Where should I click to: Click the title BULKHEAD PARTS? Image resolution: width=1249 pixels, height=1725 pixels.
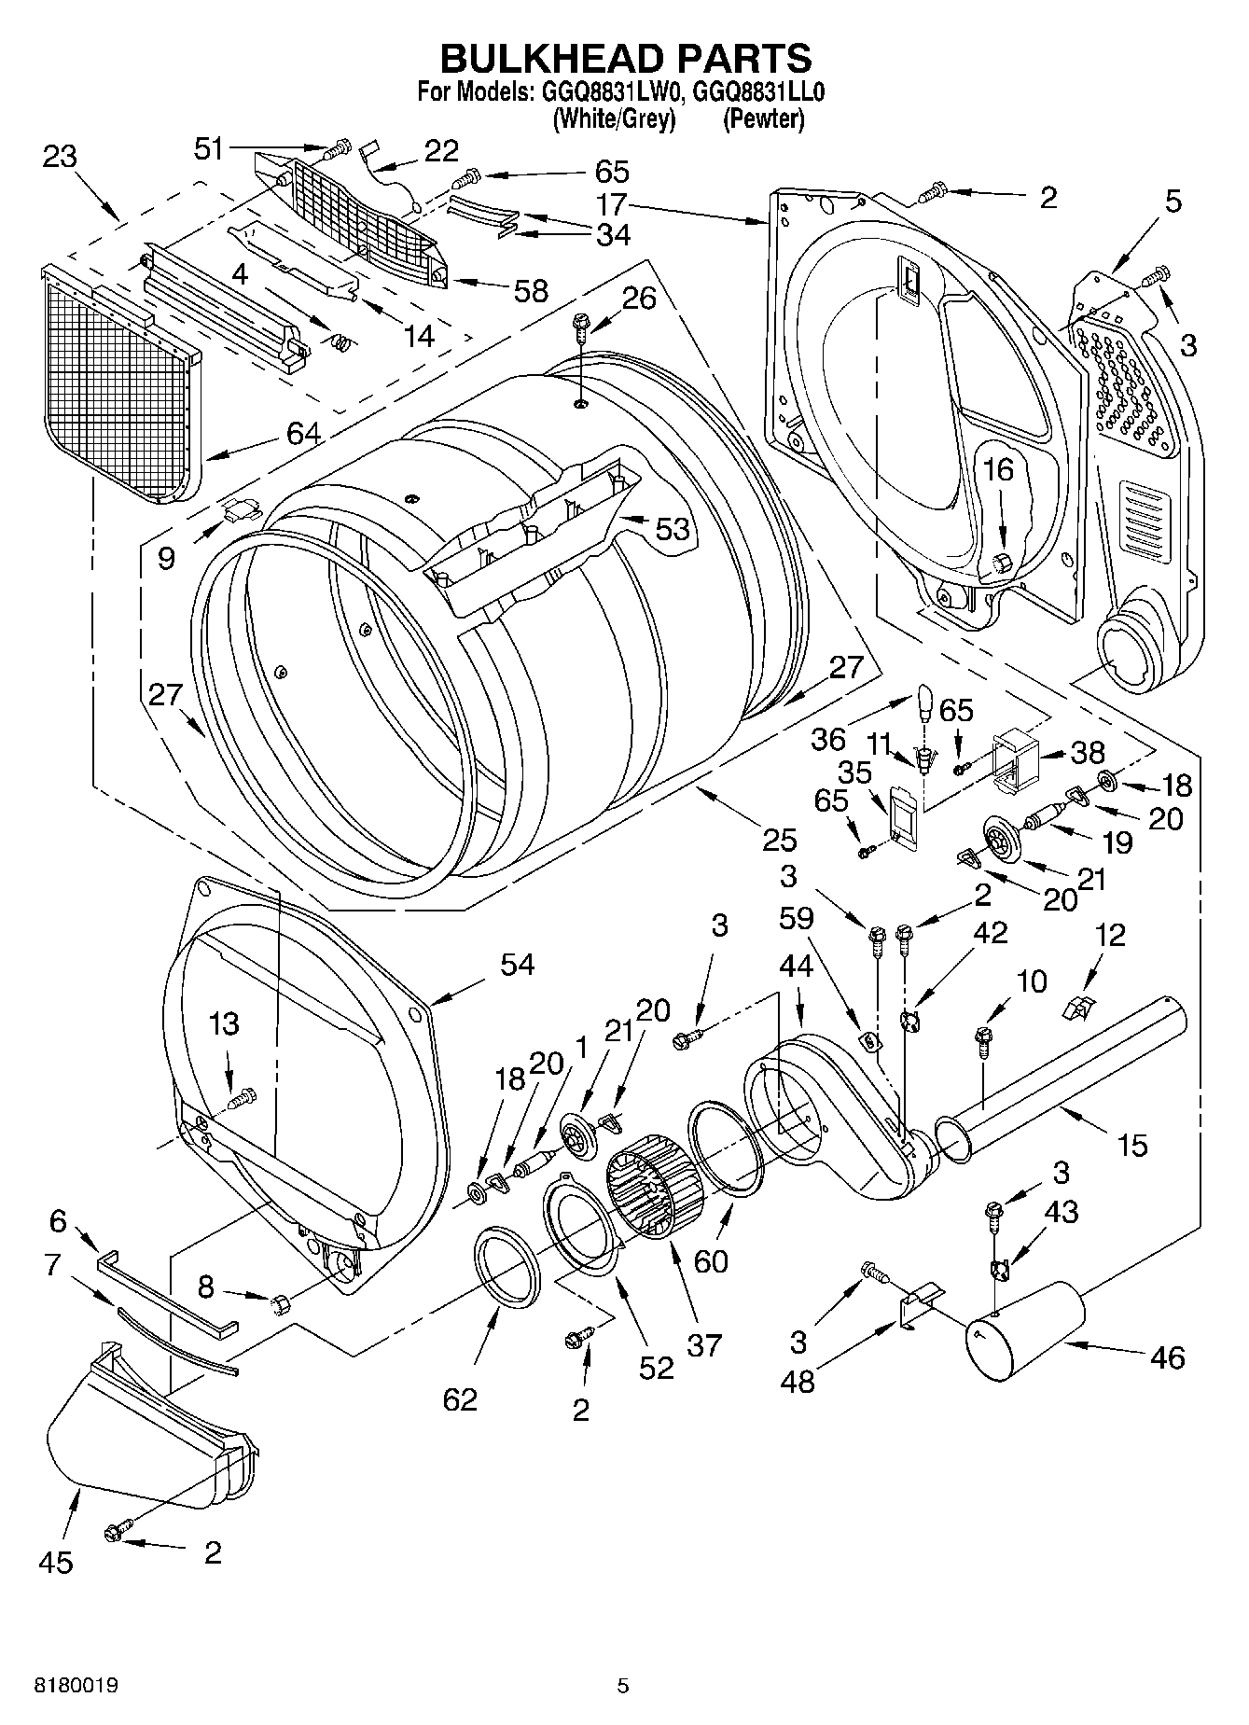(625, 58)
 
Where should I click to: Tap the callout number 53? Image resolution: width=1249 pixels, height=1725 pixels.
(672, 529)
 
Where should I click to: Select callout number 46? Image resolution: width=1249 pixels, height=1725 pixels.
(1167, 1356)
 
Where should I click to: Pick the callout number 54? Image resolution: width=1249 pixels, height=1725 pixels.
(517, 964)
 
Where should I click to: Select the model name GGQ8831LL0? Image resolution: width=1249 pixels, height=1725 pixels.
(759, 92)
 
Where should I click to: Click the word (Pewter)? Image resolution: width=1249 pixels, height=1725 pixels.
(763, 119)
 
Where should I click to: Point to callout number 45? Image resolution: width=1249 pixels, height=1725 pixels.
(57, 1562)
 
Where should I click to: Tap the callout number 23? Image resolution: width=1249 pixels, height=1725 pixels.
(60, 156)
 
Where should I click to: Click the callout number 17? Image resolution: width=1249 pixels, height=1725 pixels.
(612, 204)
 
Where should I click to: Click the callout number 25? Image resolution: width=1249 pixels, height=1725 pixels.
(780, 840)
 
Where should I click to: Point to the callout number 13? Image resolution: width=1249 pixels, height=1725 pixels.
(224, 1024)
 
